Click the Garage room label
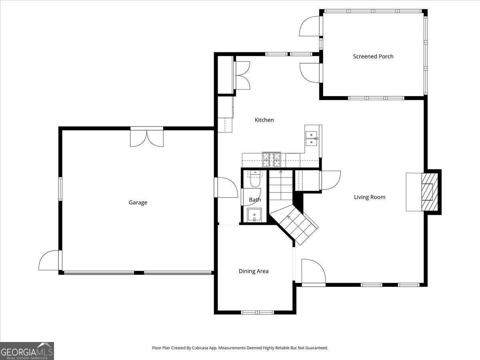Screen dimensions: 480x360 138,203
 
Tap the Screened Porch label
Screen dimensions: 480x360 373,56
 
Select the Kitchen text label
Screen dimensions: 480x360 264,120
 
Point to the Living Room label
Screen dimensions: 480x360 370,197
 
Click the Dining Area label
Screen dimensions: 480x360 254,271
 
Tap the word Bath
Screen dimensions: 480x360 255,200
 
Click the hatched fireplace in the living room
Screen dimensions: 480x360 430,192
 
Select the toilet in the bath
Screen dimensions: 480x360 254,179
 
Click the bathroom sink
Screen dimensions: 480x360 254,215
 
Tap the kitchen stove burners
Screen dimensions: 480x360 272,159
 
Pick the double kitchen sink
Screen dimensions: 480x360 311,138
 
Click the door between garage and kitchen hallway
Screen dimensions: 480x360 226,187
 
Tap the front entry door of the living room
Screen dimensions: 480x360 314,272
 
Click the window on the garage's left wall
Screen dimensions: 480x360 60,189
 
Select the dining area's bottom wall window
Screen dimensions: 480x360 257,312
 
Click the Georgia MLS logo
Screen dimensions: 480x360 27,351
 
